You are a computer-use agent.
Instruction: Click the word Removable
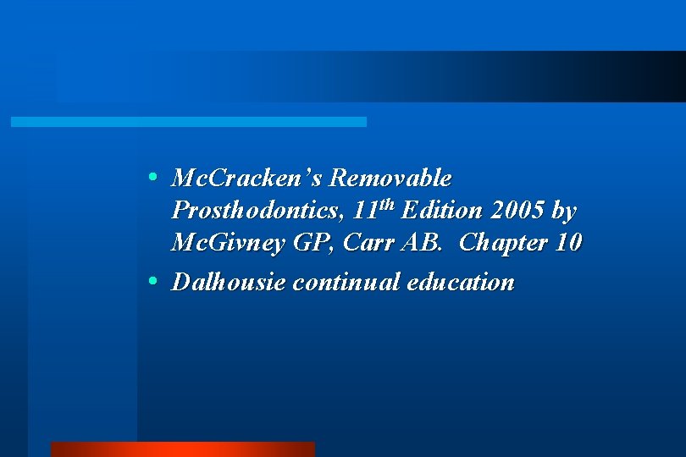point(390,179)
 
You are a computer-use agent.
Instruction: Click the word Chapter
point(503,244)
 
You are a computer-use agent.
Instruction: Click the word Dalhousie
point(229,282)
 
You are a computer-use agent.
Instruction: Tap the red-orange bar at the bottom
point(182,449)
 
